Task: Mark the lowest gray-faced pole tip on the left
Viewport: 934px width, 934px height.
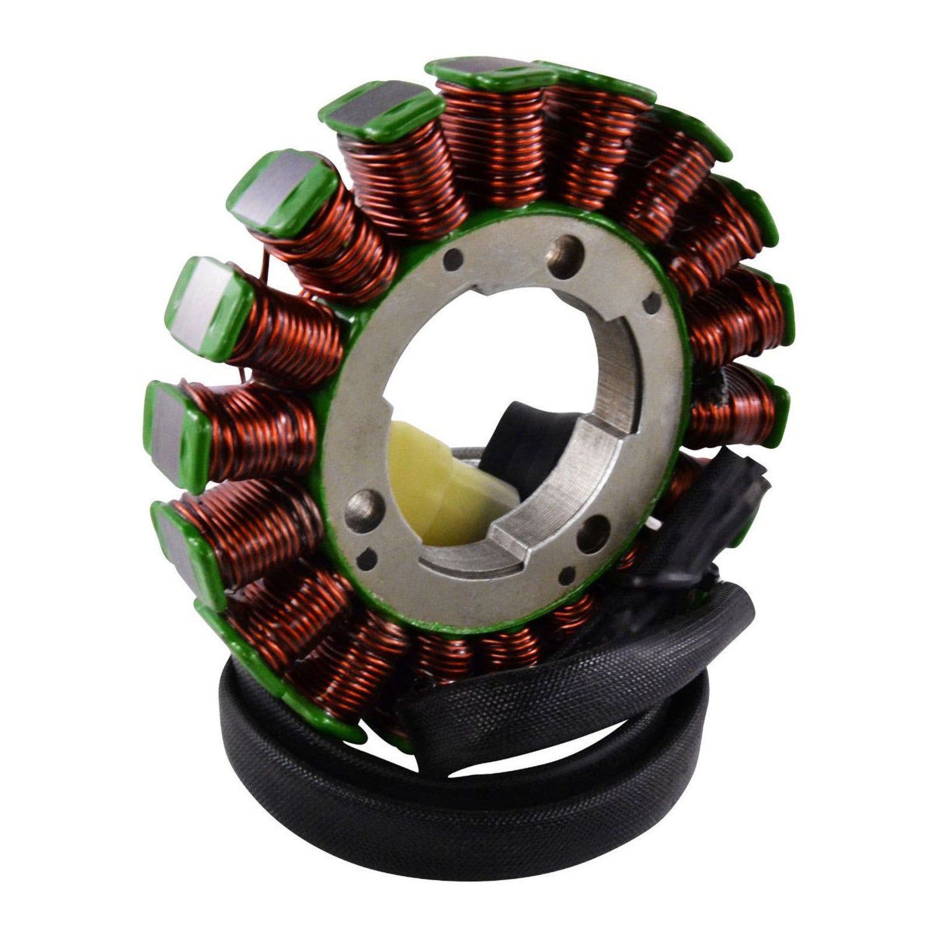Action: coord(178,543)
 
